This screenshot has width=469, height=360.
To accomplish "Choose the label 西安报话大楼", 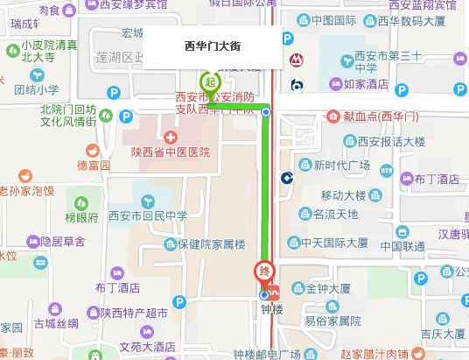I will click(x=391, y=140).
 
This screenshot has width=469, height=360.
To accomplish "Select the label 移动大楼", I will click(x=343, y=194).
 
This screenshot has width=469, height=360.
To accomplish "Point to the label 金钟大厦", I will click(x=328, y=287).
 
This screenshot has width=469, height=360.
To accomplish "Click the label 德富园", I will click(x=94, y=165).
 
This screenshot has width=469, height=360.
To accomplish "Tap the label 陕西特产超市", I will click(x=134, y=312).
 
